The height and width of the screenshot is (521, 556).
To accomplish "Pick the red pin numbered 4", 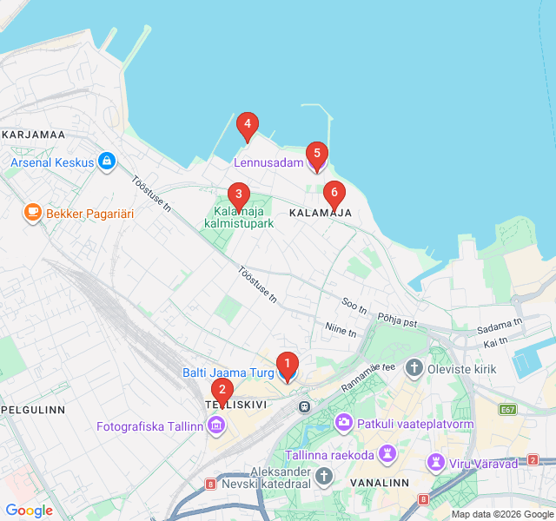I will (x=248, y=127).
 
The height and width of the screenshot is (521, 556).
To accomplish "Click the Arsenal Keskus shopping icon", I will (x=106, y=162).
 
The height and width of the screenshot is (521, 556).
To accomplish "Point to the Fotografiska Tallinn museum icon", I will (x=215, y=425).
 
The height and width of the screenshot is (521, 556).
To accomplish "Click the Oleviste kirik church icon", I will (x=414, y=369).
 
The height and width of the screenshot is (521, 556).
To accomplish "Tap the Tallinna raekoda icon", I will (x=387, y=455).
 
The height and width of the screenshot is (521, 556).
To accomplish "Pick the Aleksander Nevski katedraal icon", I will (x=324, y=476).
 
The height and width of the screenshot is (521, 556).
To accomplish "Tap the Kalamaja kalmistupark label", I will (x=239, y=217).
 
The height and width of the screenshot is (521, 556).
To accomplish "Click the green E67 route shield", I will (x=507, y=409).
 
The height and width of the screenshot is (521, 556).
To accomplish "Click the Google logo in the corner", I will (x=29, y=511).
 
